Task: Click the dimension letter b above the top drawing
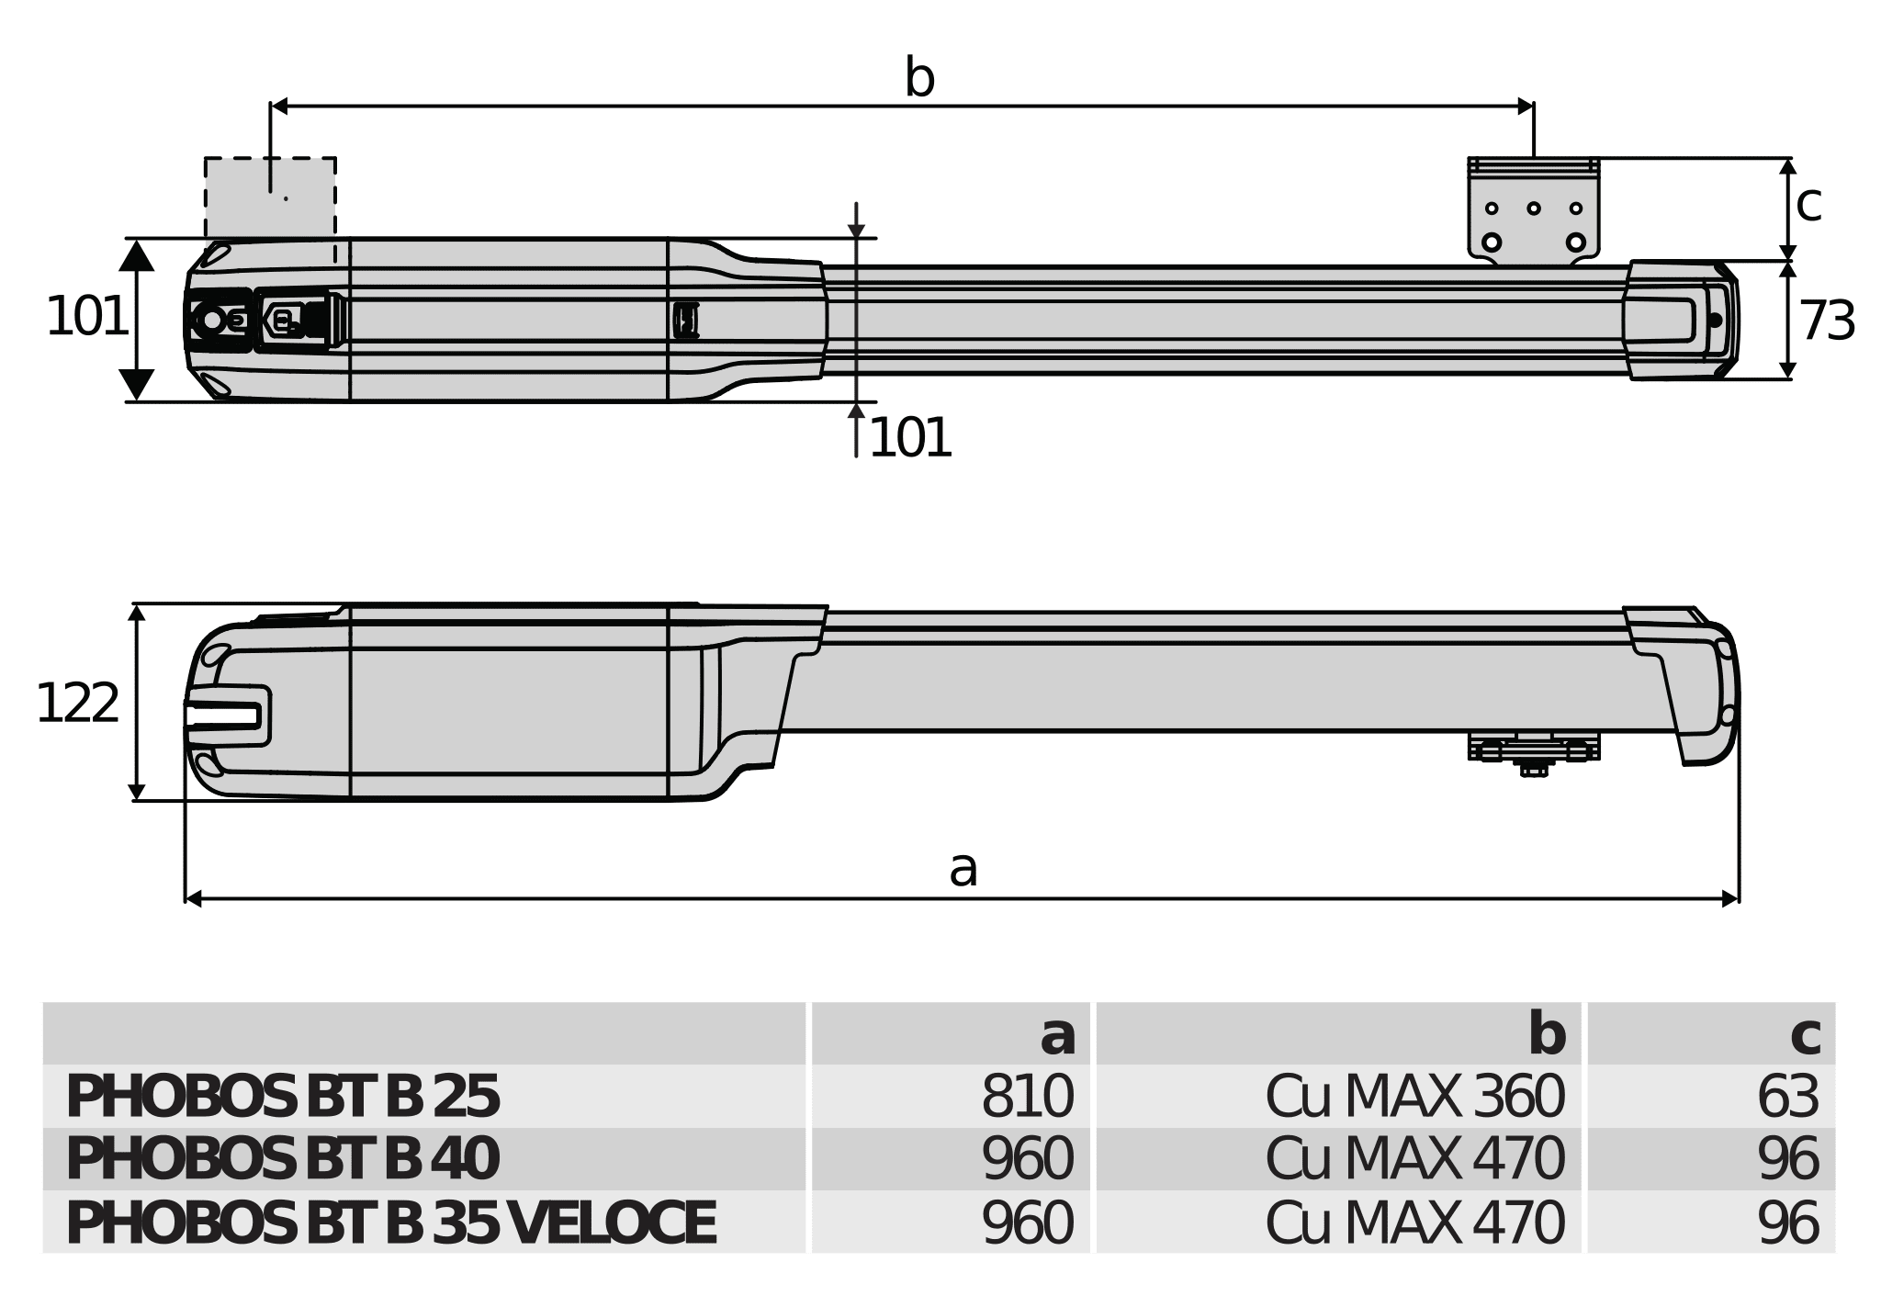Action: click(919, 79)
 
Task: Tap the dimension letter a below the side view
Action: click(963, 869)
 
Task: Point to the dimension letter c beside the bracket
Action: click(1808, 203)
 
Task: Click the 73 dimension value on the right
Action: click(1827, 321)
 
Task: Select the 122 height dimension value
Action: click(77, 704)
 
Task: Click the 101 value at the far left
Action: click(86, 317)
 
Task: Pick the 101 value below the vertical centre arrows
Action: click(909, 438)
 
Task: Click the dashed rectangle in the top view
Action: click(270, 197)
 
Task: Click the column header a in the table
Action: click(1057, 1036)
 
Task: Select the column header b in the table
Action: click(1547, 1035)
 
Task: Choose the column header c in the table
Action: click(1805, 1036)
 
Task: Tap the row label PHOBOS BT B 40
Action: click(283, 1159)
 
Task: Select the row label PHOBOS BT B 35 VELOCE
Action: click(390, 1223)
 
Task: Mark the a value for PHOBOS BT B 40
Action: click(1027, 1159)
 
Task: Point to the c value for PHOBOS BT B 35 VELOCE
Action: click(1787, 1223)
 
